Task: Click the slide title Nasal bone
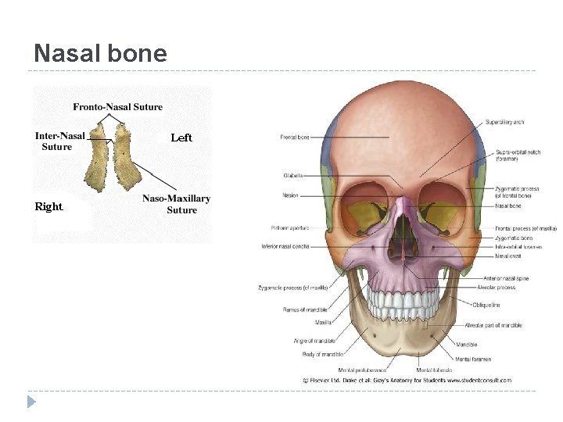click(100, 53)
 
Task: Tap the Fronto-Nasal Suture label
click(118, 107)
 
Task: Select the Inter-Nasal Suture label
click(59, 141)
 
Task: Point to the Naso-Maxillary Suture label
click(177, 204)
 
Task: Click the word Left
click(181, 138)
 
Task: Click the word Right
click(48, 207)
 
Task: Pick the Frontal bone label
click(295, 138)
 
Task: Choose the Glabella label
click(293, 176)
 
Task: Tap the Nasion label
click(290, 195)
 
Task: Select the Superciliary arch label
click(504, 122)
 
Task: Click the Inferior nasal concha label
click(285, 246)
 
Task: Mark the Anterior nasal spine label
click(507, 279)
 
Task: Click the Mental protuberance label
click(362, 370)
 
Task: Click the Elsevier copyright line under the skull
click(407, 381)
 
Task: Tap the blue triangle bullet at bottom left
click(31, 402)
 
